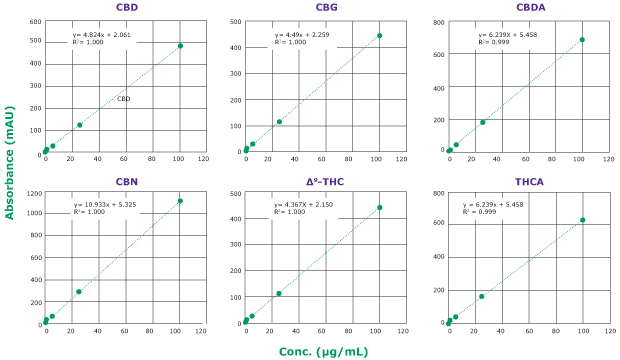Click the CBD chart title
coord(127,7)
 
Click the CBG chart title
coord(326,7)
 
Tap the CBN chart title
coord(127,181)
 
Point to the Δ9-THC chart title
coord(326,181)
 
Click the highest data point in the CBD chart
coord(180,46)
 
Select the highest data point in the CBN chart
coord(180,201)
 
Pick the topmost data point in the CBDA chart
coord(582,40)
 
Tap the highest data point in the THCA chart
coord(582,220)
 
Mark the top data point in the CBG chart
coord(379,36)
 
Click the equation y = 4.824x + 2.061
coord(101,35)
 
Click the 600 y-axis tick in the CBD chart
coord(35,21)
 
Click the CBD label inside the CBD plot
coord(123,99)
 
